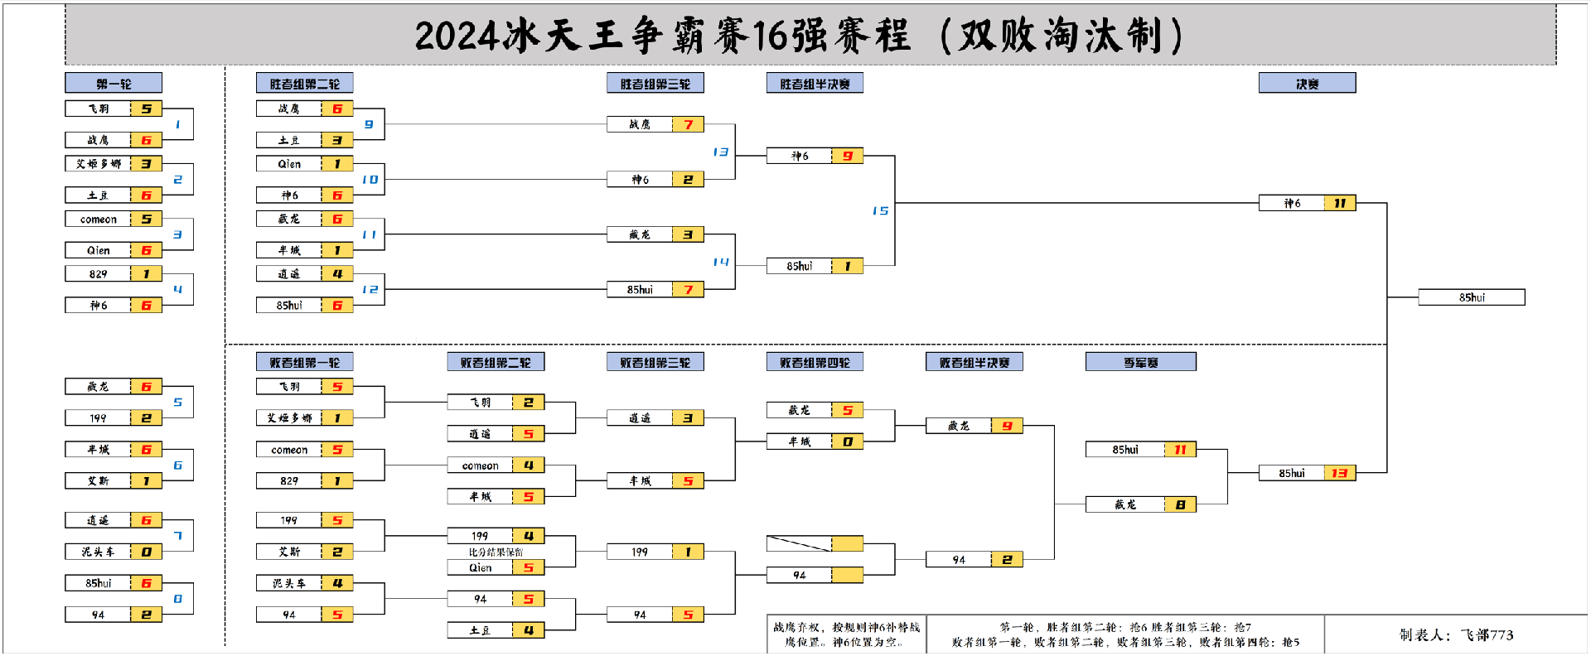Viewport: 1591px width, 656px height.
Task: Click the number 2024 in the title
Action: click(x=457, y=36)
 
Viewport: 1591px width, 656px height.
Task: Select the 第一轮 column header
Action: click(x=114, y=84)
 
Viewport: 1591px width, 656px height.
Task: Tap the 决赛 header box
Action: click(x=1307, y=84)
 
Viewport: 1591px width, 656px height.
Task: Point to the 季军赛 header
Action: click(x=1140, y=363)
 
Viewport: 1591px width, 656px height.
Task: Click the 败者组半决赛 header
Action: click(x=974, y=363)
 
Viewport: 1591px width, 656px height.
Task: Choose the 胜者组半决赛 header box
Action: click(x=815, y=84)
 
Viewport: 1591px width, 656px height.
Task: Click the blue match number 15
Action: click(x=880, y=211)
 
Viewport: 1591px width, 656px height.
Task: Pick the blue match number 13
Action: click(x=720, y=152)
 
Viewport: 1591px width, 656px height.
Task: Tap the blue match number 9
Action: click(x=369, y=125)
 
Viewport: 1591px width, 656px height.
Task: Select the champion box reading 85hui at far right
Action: click(x=1471, y=297)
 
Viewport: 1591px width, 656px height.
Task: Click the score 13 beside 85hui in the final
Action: click(x=1339, y=474)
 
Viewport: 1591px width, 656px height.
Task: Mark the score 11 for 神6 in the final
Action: click(x=1339, y=204)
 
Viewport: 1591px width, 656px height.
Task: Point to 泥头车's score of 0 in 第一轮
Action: click(x=146, y=552)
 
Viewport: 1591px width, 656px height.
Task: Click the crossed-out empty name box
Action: click(x=799, y=543)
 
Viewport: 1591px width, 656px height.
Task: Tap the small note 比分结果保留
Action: click(x=496, y=552)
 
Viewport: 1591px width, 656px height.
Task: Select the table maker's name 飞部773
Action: click(x=1487, y=635)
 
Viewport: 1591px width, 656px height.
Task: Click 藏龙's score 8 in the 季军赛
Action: click(x=1180, y=505)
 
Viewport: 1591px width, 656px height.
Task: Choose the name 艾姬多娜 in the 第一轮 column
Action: click(x=98, y=164)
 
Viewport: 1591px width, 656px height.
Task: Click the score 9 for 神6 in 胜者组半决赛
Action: click(x=847, y=157)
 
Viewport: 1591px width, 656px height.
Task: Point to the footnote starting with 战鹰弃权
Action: click(x=845, y=634)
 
